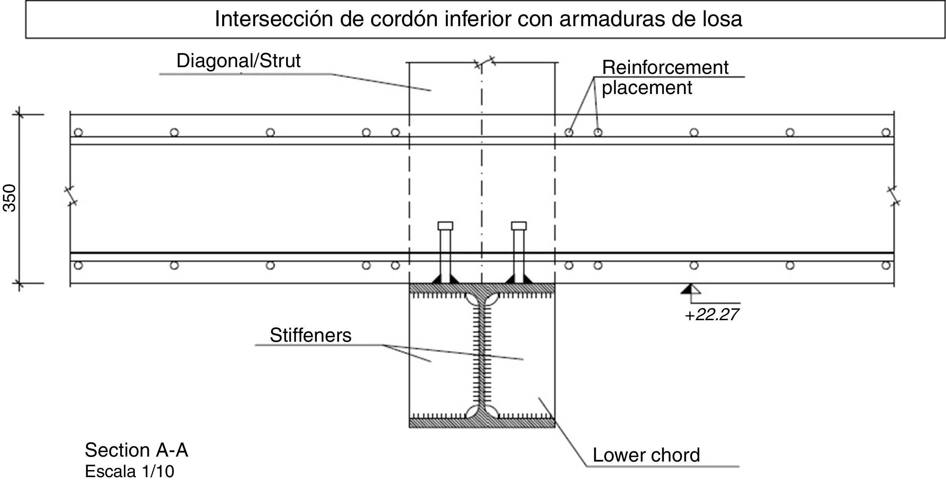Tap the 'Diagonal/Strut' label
(x=238, y=61)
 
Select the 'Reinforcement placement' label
(x=665, y=77)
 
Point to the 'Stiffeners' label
(x=310, y=335)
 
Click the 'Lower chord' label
(x=646, y=455)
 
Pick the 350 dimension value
(x=10, y=198)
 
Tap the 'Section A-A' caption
(x=136, y=450)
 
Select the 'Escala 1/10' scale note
(x=129, y=471)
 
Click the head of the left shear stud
(x=445, y=225)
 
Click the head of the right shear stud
(x=519, y=225)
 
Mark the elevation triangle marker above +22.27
(x=691, y=289)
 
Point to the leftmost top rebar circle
(x=78, y=132)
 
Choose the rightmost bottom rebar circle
(x=886, y=265)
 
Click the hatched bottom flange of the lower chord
(x=482, y=423)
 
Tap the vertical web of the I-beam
(x=482, y=356)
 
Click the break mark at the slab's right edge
(x=894, y=195)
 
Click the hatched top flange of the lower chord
(x=482, y=288)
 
